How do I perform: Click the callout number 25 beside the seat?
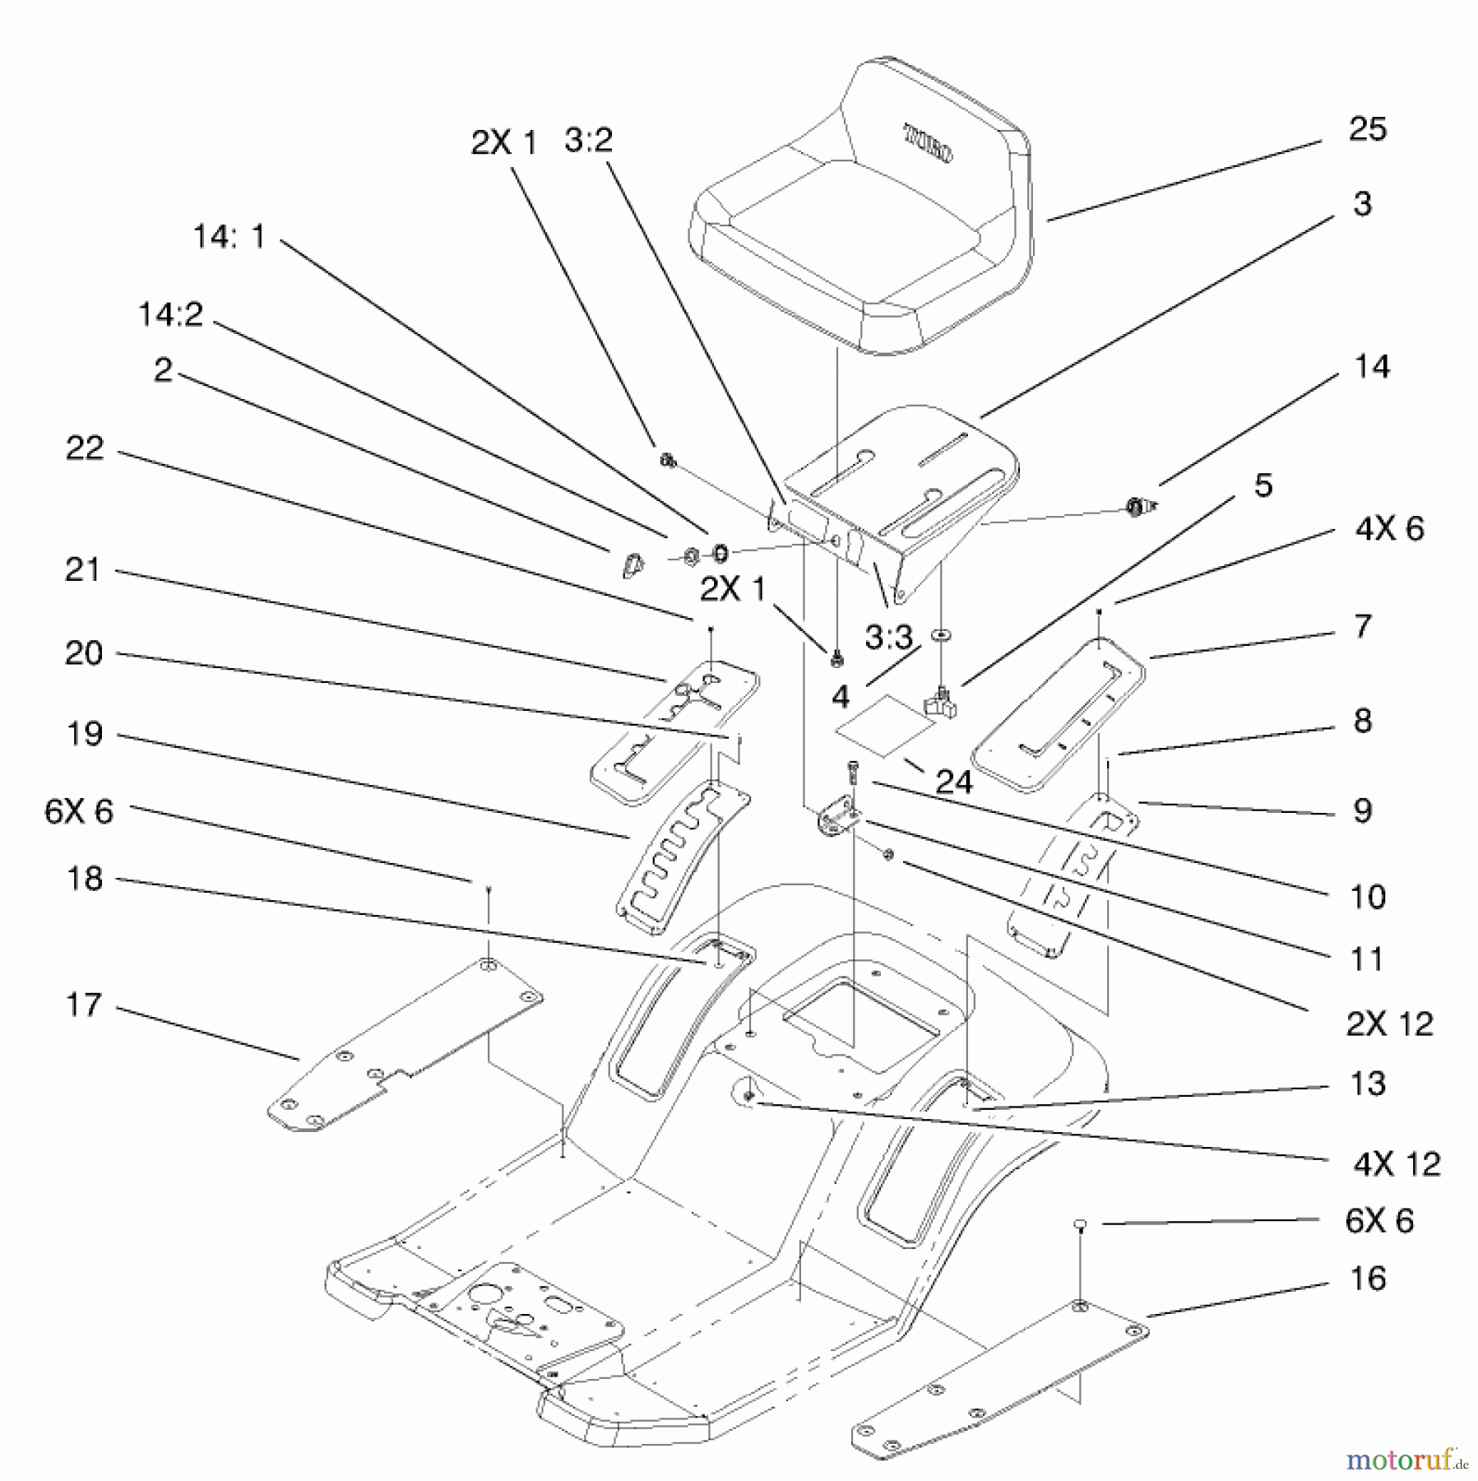coord(1367,129)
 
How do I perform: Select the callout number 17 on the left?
coord(84,1005)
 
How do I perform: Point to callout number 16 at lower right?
coord(1367,1279)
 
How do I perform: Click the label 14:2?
coord(170,314)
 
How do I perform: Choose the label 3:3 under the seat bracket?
coord(888,636)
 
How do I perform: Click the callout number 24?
coord(954,781)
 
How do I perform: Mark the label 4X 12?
coord(1397,1163)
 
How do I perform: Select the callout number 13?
coord(1367,1084)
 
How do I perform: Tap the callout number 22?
coord(85,448)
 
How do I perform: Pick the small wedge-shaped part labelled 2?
coord(631,565)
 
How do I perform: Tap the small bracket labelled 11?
coord(837,819)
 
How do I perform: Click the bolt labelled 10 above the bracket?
coord(851,773)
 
